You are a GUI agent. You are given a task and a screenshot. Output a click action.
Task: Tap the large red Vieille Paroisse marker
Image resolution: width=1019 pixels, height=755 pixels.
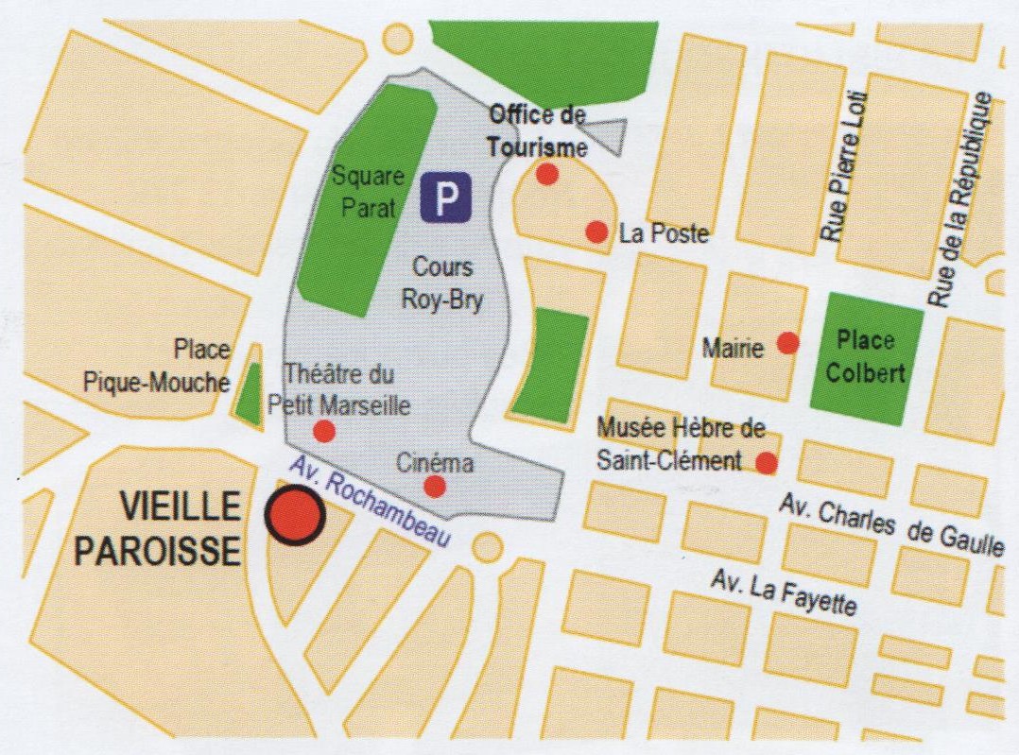click(x=295, y=516)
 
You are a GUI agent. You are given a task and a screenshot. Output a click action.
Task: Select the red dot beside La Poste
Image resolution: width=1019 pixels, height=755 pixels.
click(x=596, y=232)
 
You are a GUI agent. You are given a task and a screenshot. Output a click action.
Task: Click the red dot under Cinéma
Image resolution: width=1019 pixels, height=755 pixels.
click(x=435, y=487)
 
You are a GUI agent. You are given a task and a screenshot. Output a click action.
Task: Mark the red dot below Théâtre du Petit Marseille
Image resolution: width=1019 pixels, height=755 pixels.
click(x=323, y=432)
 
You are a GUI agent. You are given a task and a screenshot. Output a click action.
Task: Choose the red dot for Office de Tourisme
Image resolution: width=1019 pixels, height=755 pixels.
click(x=546, y=174)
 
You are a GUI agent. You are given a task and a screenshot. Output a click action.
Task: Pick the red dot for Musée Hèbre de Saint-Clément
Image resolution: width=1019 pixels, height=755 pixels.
click(x=767, y=463)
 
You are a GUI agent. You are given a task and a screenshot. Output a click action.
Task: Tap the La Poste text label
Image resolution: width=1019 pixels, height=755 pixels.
click(x=663, y=233)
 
